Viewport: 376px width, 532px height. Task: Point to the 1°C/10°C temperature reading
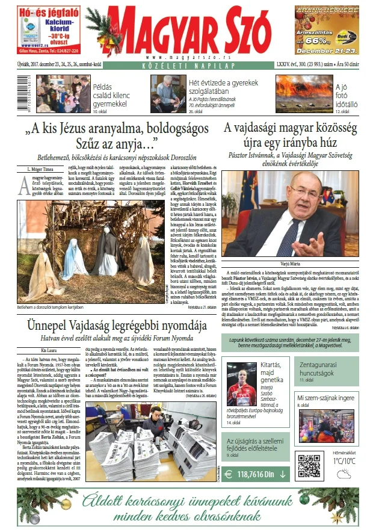(344, 460)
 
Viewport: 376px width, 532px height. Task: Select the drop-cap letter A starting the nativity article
(23, 183)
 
